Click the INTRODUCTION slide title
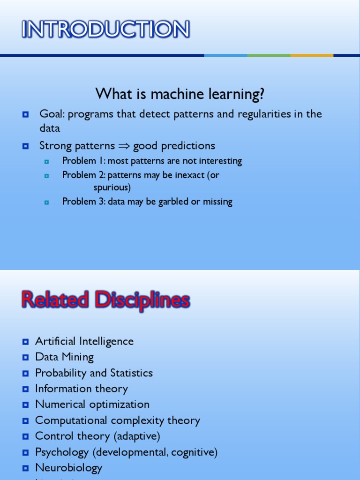105,30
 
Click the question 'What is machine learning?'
180,94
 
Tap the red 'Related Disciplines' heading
105,300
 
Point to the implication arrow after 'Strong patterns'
124,146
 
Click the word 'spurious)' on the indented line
112,187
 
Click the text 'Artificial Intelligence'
84,341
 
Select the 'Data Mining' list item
64,357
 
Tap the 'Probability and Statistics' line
94,373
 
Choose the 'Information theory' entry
81,389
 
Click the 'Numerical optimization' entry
92,405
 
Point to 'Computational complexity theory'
117,420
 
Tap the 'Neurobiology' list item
68,468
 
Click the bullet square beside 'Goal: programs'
26,114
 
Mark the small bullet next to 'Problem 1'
46,161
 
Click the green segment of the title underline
269,55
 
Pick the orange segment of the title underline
312,55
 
